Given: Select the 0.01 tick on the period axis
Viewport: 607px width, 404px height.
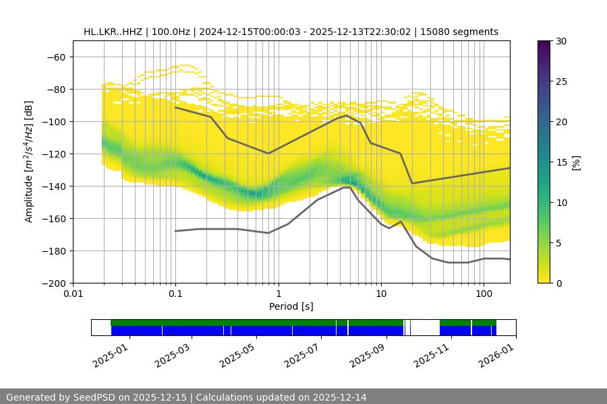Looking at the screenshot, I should [73, 294].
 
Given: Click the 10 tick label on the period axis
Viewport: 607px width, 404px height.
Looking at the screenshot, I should [381, 294].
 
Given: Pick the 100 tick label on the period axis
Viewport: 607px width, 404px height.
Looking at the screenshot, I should [484, 294].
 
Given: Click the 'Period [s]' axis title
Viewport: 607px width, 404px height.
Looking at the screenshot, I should [291, 307].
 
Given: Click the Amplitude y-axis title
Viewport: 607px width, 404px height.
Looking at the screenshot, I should [28, 162].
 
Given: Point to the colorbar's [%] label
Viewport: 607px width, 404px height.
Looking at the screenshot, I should [576, 162].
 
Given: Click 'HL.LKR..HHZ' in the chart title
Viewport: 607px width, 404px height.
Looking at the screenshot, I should [109, 32].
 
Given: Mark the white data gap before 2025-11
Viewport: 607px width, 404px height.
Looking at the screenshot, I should [425, 327].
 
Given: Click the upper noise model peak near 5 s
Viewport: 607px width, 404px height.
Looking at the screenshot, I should [347, 115].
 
